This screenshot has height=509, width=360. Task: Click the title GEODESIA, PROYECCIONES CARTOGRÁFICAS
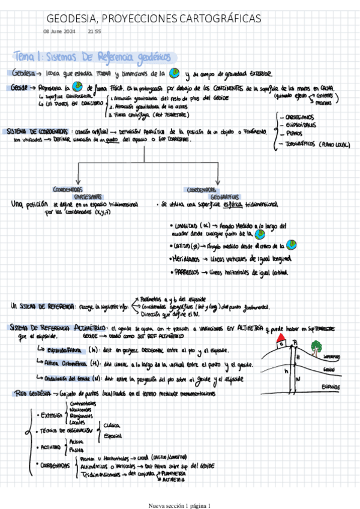[154, 19]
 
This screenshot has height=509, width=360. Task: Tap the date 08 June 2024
[59, 31]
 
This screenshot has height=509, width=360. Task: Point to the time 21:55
[94, 31]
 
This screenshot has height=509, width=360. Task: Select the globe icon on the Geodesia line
[175, 73]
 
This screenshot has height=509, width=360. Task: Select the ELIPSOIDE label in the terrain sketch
[331, 386]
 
